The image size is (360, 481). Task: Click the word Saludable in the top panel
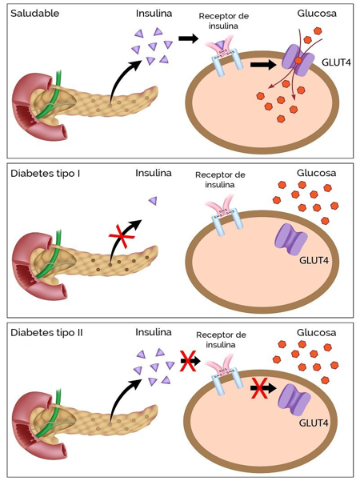(34, 14)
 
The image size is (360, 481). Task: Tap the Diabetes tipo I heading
(45, 174)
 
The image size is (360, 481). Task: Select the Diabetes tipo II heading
(46, 333)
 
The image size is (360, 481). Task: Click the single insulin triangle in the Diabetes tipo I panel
(153, 201)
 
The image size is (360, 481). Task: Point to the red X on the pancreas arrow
(122, 236)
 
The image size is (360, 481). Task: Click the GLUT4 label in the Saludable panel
(336, 62)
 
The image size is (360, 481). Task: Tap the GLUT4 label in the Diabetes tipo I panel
(314, 260)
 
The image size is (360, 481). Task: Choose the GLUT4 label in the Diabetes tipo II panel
(314, 423)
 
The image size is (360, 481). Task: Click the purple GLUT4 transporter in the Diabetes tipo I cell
(290, 239)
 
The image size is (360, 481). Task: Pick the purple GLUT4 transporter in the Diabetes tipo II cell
(294, 400)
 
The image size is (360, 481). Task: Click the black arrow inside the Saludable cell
(263, 65)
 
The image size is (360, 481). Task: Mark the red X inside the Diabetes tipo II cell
(259, 387)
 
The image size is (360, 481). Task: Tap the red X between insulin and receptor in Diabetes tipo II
(188, 361)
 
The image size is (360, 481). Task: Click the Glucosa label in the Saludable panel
(317, 14)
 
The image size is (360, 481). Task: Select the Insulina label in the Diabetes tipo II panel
(154, 332)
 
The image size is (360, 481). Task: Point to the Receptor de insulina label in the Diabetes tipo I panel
(220, 180)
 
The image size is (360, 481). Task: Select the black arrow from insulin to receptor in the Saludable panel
(189, 38)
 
